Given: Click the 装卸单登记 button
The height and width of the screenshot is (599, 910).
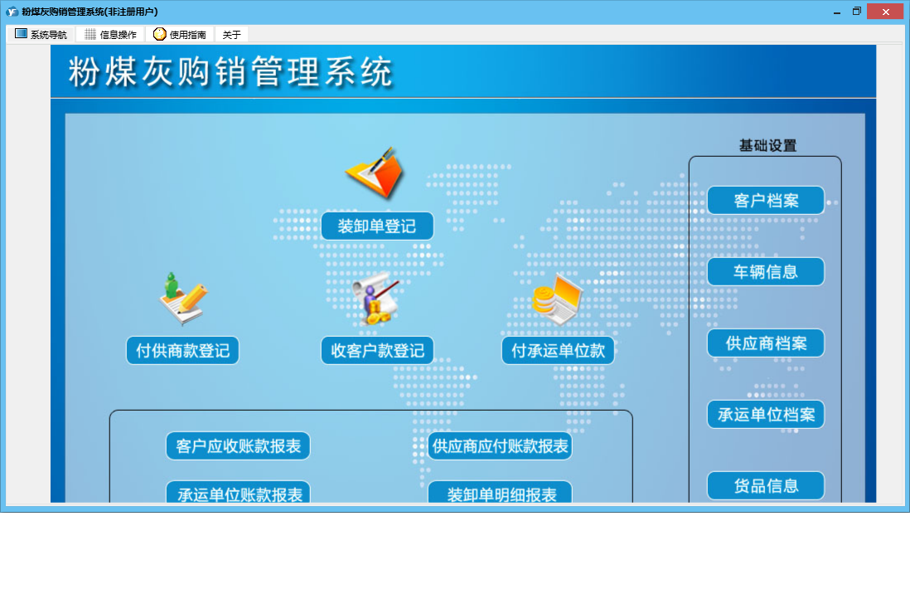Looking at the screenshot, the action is [377, 226].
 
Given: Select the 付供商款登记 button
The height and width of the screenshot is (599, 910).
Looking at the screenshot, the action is [183, 350].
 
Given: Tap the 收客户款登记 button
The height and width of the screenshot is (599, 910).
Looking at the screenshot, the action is [377, 350].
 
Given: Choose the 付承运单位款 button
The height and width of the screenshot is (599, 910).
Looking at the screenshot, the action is [558, 350].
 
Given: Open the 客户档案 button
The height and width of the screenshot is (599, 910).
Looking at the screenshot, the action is [766, 201].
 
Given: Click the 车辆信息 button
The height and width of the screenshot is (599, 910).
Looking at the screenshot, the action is [766, 272].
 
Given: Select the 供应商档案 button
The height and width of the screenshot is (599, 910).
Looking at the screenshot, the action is [766, 343].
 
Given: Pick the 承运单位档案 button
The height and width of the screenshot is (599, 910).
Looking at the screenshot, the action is [766, 414].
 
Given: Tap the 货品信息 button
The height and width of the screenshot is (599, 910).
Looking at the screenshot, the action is [766, 485].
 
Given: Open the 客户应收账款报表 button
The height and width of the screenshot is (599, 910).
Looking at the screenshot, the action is [238, 446].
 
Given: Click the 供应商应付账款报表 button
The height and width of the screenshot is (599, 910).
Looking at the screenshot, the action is [500, 446].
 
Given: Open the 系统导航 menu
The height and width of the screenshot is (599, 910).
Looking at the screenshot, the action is [41, 34].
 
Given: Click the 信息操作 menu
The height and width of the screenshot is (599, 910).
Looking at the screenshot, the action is [110, 34].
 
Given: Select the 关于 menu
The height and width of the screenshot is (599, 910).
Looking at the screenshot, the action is [231, 34].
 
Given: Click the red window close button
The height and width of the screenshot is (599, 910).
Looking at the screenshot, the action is [885, 12].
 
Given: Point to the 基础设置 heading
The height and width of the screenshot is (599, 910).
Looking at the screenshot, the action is [767, 145].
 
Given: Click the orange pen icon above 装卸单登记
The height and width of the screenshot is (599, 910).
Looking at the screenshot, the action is [375, 173].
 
